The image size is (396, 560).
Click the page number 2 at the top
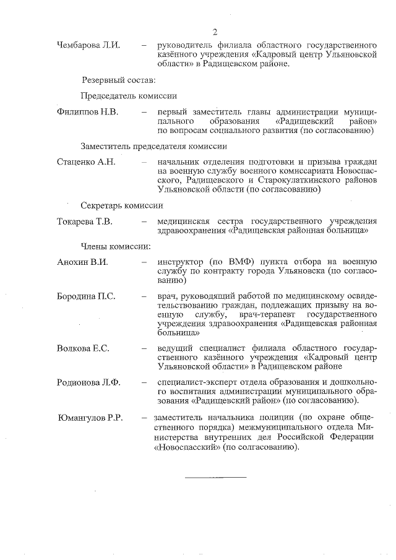pyautogui.click(x=214, y=32)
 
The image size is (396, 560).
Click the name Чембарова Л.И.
pyautogui.click(x=88, y=45)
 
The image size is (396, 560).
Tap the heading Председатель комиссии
pyautogui.click(x=129, y=96)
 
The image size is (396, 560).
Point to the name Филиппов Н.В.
pyautogui.click(x=87, y=112)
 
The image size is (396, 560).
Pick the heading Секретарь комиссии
pyautogui.click(x=122, y=205)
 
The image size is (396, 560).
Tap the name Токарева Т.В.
pyautogui.click(x=85, y=222)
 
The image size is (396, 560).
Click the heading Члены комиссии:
pyautogui.click(x=116, y=246)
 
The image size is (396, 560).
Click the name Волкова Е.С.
pyautogui.click(x=83, y=348)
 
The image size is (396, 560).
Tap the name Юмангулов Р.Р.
pyautogui.click(x=90, y=418)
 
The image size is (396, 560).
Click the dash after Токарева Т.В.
pyautogui.click(x=144, y=222)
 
